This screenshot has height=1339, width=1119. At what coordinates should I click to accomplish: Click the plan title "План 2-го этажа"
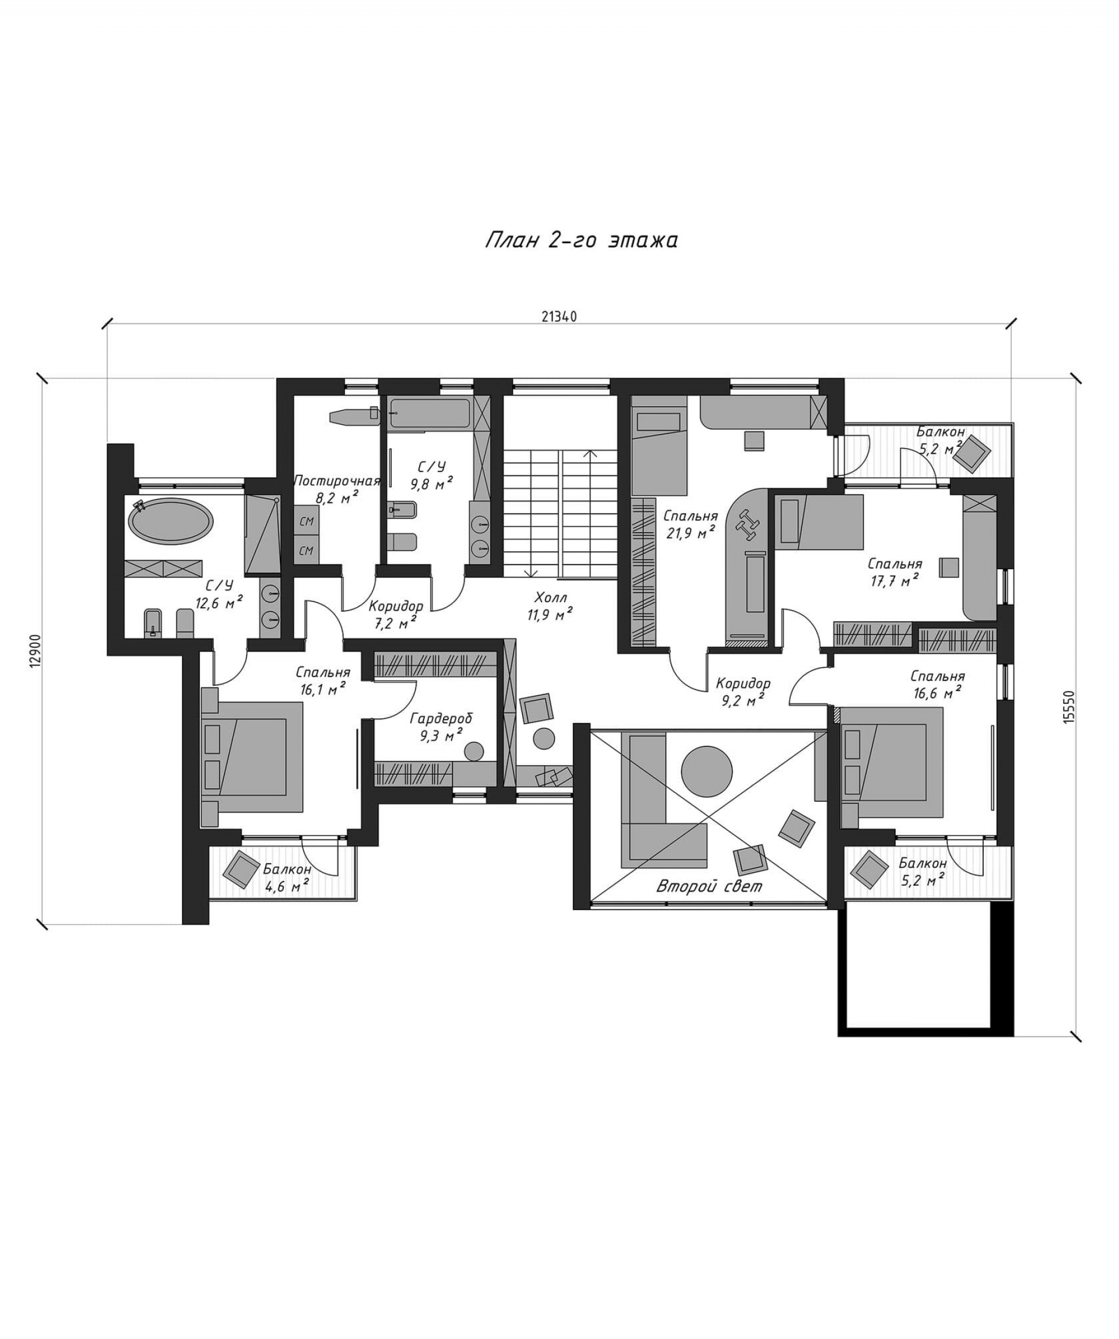pyautogui.click(x=581, y=241)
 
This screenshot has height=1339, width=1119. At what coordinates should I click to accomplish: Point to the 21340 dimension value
pyautogui.click(x=559, y=317)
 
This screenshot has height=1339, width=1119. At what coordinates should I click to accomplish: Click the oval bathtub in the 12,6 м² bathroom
pyautogui.click(x=171, y=520)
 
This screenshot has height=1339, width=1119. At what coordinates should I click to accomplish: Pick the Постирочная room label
pyautogui.click(x=337, y=481)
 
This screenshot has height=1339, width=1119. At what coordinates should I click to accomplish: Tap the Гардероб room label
pyautogui.click(x=441, y=718)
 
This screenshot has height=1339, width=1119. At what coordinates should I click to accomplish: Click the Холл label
pyautogui.click(x=551, y=597)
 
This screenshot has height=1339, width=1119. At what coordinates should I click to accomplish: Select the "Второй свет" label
pyautogui.click(x=709, y=886)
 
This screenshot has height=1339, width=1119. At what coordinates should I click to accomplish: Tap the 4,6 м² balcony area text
pyautogui.click(x=286, y=885)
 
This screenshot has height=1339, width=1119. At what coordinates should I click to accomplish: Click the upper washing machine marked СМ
pyautogui.click(x=307, y=521)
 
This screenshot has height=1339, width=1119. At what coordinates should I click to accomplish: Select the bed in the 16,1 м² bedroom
pyautogui.click(x=252, y=757)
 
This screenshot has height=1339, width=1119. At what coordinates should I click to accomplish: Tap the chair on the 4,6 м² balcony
pyautogui.click(x=242, y=869)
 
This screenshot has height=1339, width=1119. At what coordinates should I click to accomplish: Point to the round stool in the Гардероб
pyautogui.click(x=474, y=751)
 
